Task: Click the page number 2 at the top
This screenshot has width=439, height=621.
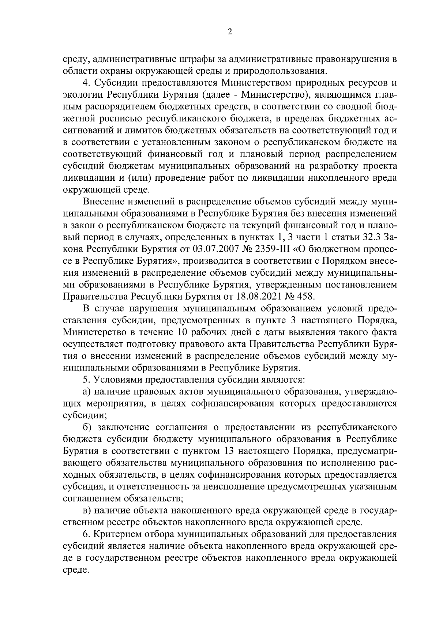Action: tap(230, 32)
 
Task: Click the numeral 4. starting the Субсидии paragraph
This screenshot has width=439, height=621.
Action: tap(86, 83)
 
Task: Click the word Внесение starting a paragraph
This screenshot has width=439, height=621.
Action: tap(105, 202)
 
